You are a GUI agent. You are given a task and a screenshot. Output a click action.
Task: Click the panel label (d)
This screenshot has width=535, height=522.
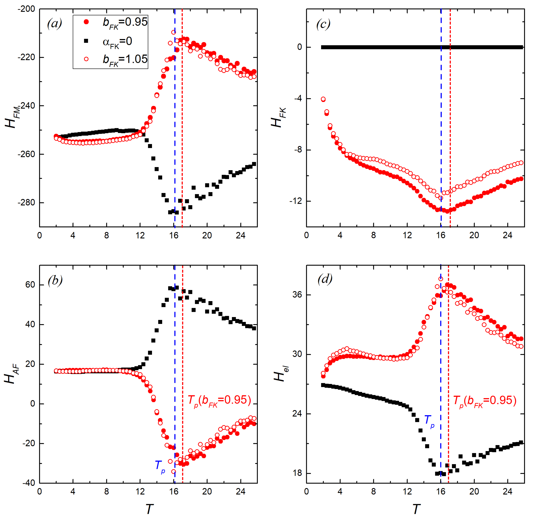point(325,279)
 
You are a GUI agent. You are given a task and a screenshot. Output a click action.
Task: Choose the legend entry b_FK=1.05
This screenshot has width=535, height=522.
point(125,59)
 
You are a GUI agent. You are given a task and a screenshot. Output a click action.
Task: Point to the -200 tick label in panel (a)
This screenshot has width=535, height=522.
point(26,9)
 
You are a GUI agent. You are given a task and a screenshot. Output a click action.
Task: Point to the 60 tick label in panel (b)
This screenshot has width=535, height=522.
point(30,285)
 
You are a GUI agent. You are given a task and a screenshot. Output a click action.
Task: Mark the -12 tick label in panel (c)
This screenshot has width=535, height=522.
point(295,201)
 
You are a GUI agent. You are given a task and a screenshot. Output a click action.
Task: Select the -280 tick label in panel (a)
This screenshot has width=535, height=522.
point(26,203)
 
